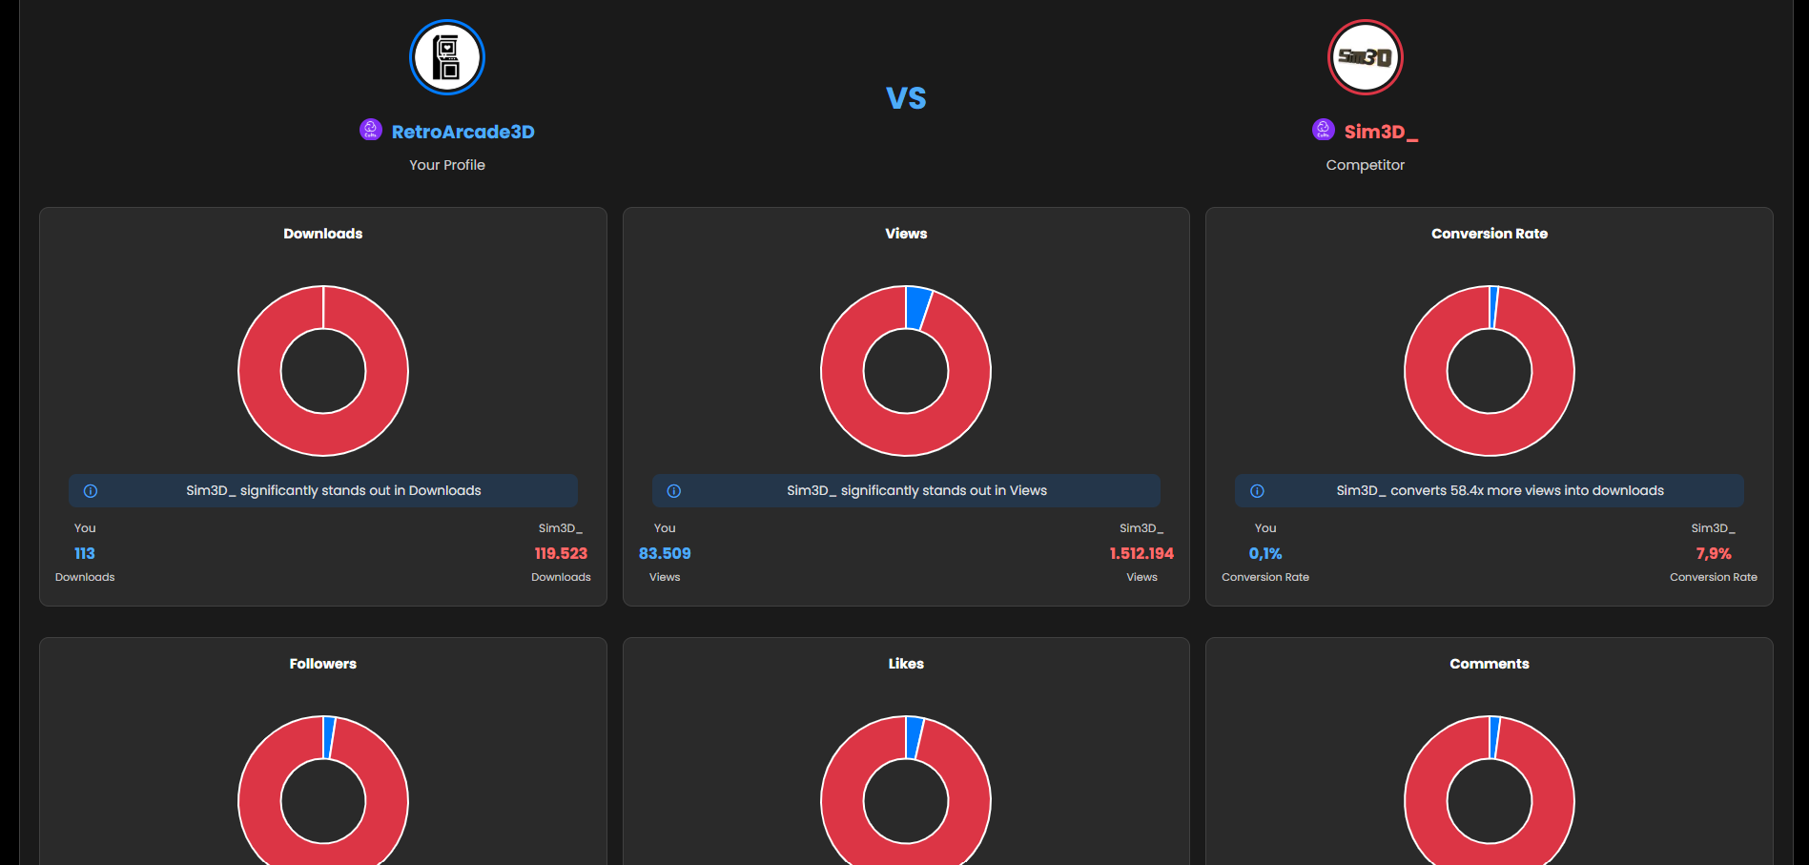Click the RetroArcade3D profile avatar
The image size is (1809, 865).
coord(446,57)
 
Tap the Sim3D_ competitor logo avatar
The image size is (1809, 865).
coord(1365,57)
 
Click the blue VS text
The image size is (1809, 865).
coord(905,98)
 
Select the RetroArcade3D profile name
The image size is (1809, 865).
coord(463,132)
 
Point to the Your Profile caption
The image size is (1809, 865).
coord(446,165)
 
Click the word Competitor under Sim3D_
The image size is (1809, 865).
coord(1365,165)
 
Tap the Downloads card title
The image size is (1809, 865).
coord(322,234)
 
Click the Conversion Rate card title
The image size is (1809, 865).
coord(1489,234)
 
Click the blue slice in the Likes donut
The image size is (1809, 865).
coord(914,737)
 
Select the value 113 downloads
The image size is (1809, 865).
coord(85,553)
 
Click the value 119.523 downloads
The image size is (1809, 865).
coord(561,553)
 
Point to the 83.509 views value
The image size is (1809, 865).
coord(665,553)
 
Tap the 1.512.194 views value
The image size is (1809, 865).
coord(1141,553)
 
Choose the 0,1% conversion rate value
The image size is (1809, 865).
coord(1264,553)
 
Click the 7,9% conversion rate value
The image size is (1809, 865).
coord(1713,553)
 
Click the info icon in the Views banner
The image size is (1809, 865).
coord(674,491)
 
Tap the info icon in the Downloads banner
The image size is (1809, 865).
coord(91,491)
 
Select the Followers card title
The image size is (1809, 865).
coord(322,664)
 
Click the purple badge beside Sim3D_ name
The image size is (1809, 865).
coord(1323,129)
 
